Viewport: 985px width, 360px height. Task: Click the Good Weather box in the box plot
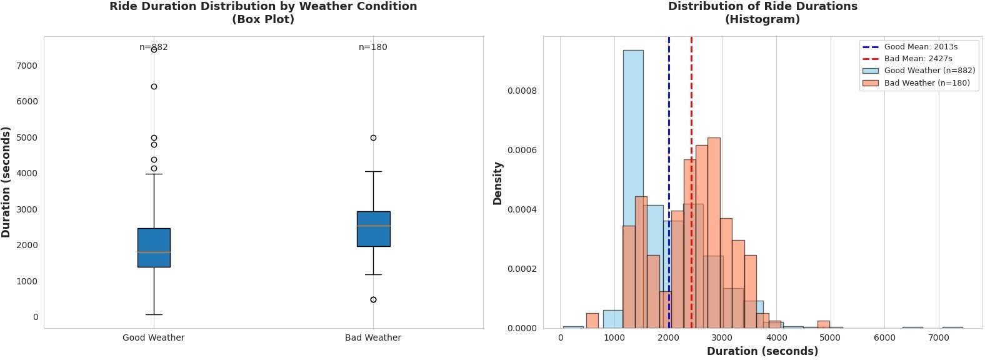(x=154, y=247)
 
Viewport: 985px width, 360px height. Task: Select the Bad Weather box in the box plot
(x=373, y=229)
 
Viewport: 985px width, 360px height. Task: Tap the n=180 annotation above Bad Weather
(x=373, y=47)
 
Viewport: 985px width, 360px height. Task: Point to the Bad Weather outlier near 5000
(x=373, y=137)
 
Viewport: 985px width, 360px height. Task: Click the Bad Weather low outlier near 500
(x=373, y=299)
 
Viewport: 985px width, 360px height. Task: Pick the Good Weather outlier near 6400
(x=154, y=86)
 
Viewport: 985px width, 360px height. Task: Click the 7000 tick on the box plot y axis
(x=27, y=66)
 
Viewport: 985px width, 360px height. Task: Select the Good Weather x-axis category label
(x=154, y=337)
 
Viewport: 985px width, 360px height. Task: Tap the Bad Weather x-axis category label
(x=373, y=337)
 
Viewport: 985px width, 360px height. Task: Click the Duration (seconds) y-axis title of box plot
(x=6, y=182)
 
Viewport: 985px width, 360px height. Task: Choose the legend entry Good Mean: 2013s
(x=920, y=47)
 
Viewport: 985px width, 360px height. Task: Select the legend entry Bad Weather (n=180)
(x=926, y=82)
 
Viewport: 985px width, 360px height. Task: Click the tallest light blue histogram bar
(x=633, y=187)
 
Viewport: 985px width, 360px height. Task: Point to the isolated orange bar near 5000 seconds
(x=824, y=324)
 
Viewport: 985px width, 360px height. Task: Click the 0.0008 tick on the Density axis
(x=522, y=91)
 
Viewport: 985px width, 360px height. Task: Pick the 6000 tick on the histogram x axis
(x=884, y=337)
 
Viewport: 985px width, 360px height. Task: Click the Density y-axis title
(x=498, y=183)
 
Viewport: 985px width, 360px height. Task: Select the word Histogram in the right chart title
(x=762, y=19)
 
